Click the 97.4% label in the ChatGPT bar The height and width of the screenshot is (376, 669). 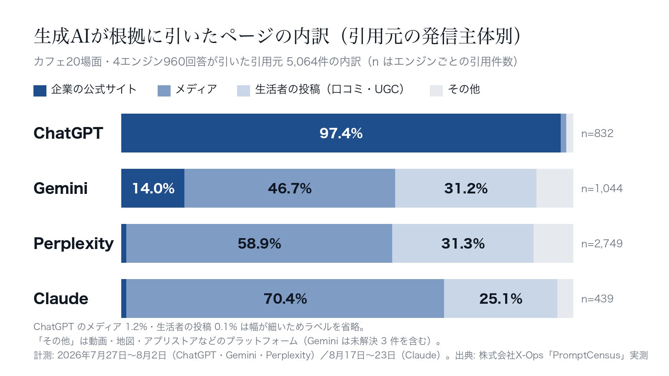[341, 133]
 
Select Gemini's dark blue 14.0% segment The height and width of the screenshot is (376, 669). [153, 188]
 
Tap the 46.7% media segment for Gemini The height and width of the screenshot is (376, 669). [290, 188]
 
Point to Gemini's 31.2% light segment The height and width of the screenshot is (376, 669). [466, 188]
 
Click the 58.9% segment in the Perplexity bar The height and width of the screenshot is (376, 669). [259, 244]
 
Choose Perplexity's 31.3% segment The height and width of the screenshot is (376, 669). [462, 244]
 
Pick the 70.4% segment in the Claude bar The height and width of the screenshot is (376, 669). [285, 299]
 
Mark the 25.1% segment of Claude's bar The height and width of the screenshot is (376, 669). [500, 299]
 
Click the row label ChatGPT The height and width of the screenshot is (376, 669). [68, 133]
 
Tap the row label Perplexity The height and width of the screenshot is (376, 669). [74, 244]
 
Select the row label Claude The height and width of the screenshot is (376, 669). [61, 299]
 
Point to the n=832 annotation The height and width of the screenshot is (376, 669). [597, 133]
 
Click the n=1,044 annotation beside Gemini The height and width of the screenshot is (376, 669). [602, 188]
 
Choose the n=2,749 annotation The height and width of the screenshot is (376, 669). [602, 244]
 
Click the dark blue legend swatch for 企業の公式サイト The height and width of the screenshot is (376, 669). [40, 91]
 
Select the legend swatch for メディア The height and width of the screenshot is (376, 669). [164, 91]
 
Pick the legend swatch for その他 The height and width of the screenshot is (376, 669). [436, 91]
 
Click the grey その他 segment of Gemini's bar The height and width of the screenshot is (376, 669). [554, 188]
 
